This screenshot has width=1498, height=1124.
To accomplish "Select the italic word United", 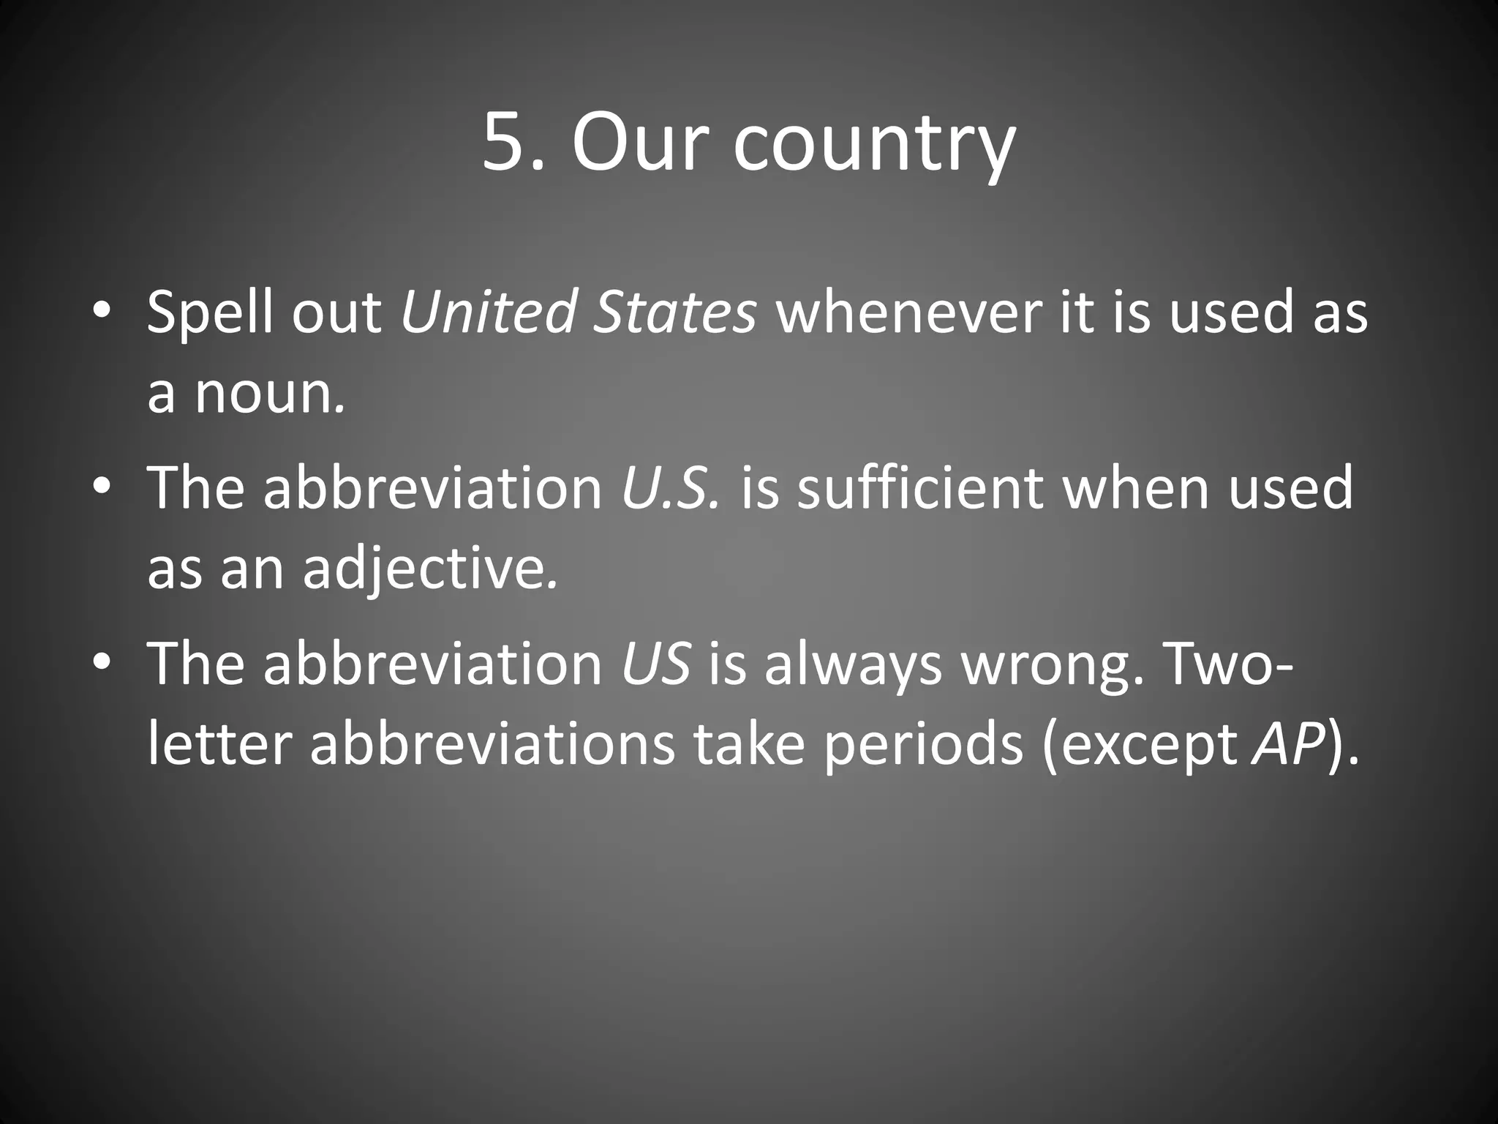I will coord(488,312).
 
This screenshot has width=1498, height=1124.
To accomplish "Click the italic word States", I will coord(674,312).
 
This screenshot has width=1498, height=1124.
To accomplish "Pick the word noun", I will coord(267,394).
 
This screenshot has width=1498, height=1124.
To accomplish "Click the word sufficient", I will coord(918,488).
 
